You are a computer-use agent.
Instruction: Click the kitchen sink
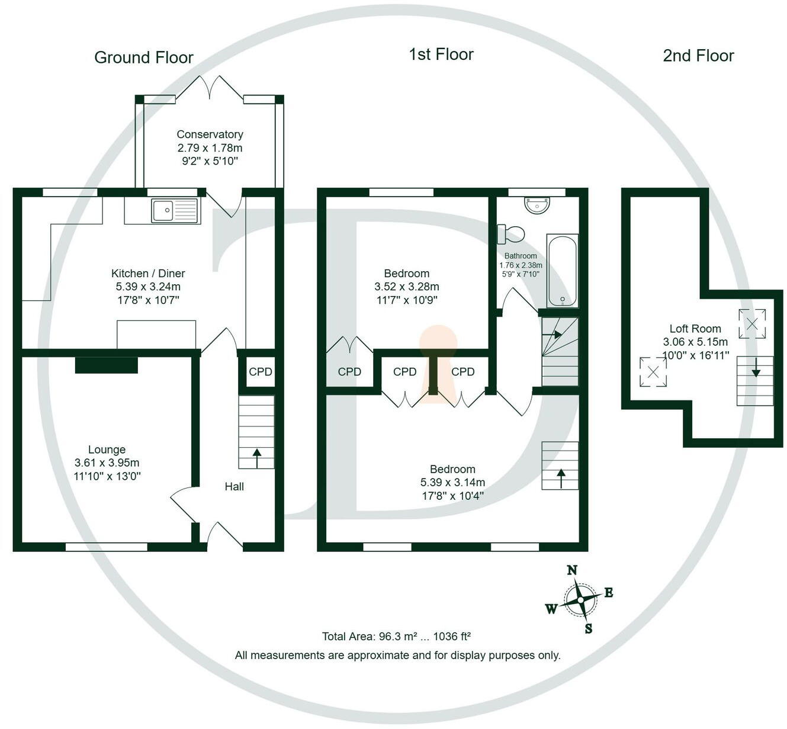174,210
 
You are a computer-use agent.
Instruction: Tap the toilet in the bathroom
510,233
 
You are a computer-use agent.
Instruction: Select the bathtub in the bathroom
562,271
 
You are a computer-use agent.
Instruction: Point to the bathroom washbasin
537,205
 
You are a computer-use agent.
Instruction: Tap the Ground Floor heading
144,57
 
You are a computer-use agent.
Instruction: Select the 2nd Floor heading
698,56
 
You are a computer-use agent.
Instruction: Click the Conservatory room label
210,134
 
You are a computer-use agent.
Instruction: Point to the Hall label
234,486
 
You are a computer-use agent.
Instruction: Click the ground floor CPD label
260,371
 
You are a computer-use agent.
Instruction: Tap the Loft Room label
695,329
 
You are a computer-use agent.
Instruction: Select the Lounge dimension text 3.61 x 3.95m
107,463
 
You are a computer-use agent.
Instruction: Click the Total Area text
396,637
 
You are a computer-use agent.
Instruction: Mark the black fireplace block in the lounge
107,365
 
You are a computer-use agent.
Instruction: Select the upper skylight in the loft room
752,324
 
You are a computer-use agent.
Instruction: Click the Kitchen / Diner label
148,273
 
